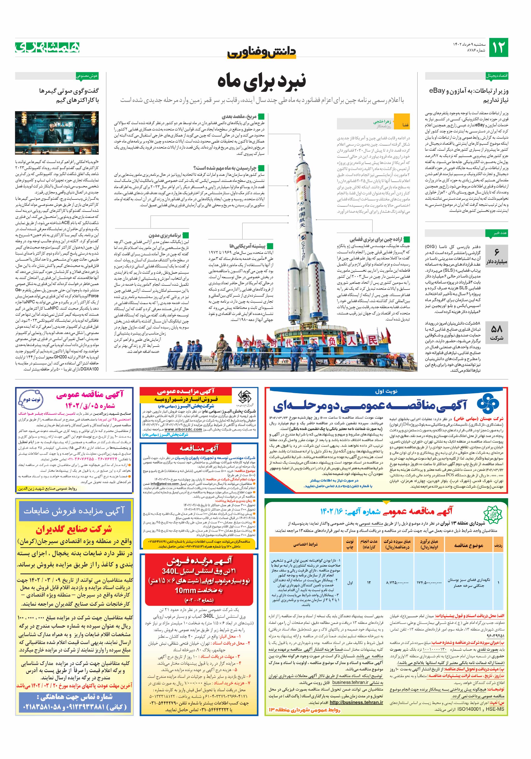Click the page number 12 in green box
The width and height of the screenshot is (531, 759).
click(498, 48)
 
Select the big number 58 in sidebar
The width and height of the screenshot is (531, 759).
click(497, 329)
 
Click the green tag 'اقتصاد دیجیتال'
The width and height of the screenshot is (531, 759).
click(497, 76)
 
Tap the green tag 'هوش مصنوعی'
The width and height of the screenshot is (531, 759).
click(87, 76)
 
